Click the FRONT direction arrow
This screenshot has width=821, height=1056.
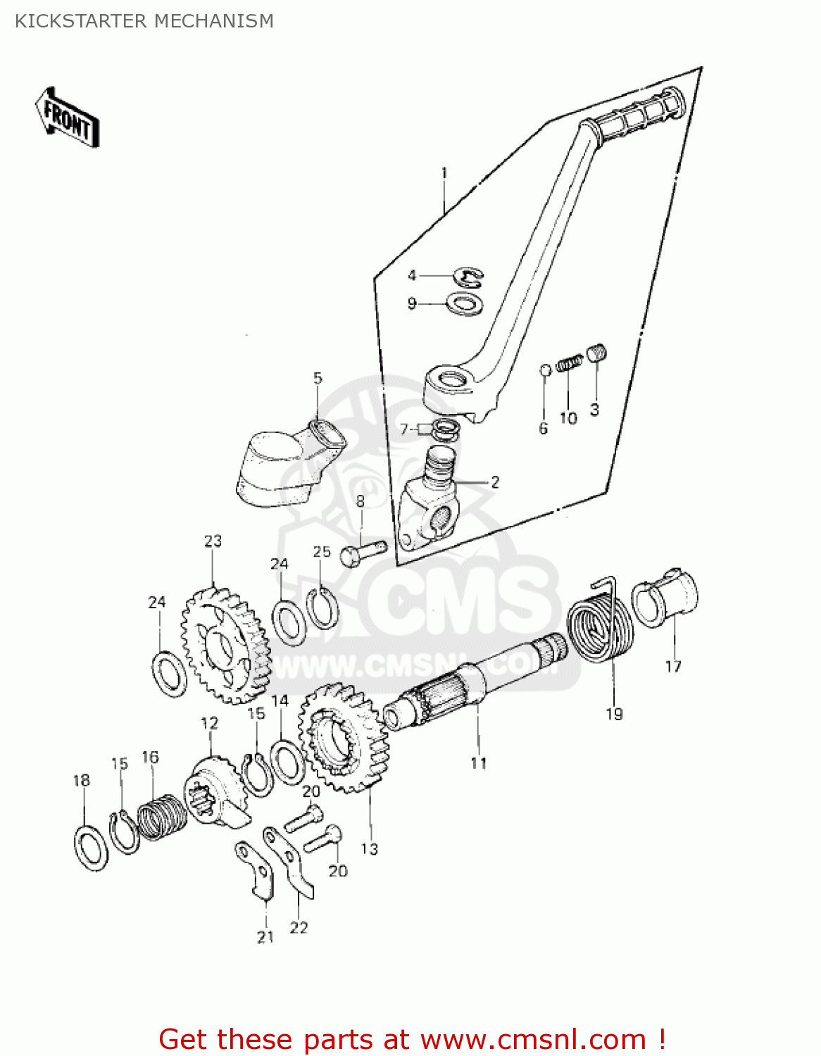pos(67,118)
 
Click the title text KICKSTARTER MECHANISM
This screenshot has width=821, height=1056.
pos(144,21)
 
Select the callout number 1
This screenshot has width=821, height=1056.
pos(444,172)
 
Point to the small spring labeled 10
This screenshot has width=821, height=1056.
pos(569,364)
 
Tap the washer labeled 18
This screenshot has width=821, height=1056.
pos(91,847)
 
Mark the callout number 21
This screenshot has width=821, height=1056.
pos(265,937)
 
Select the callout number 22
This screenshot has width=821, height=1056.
pos(299,928)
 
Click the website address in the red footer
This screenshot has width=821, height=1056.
pos(533,1039)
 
